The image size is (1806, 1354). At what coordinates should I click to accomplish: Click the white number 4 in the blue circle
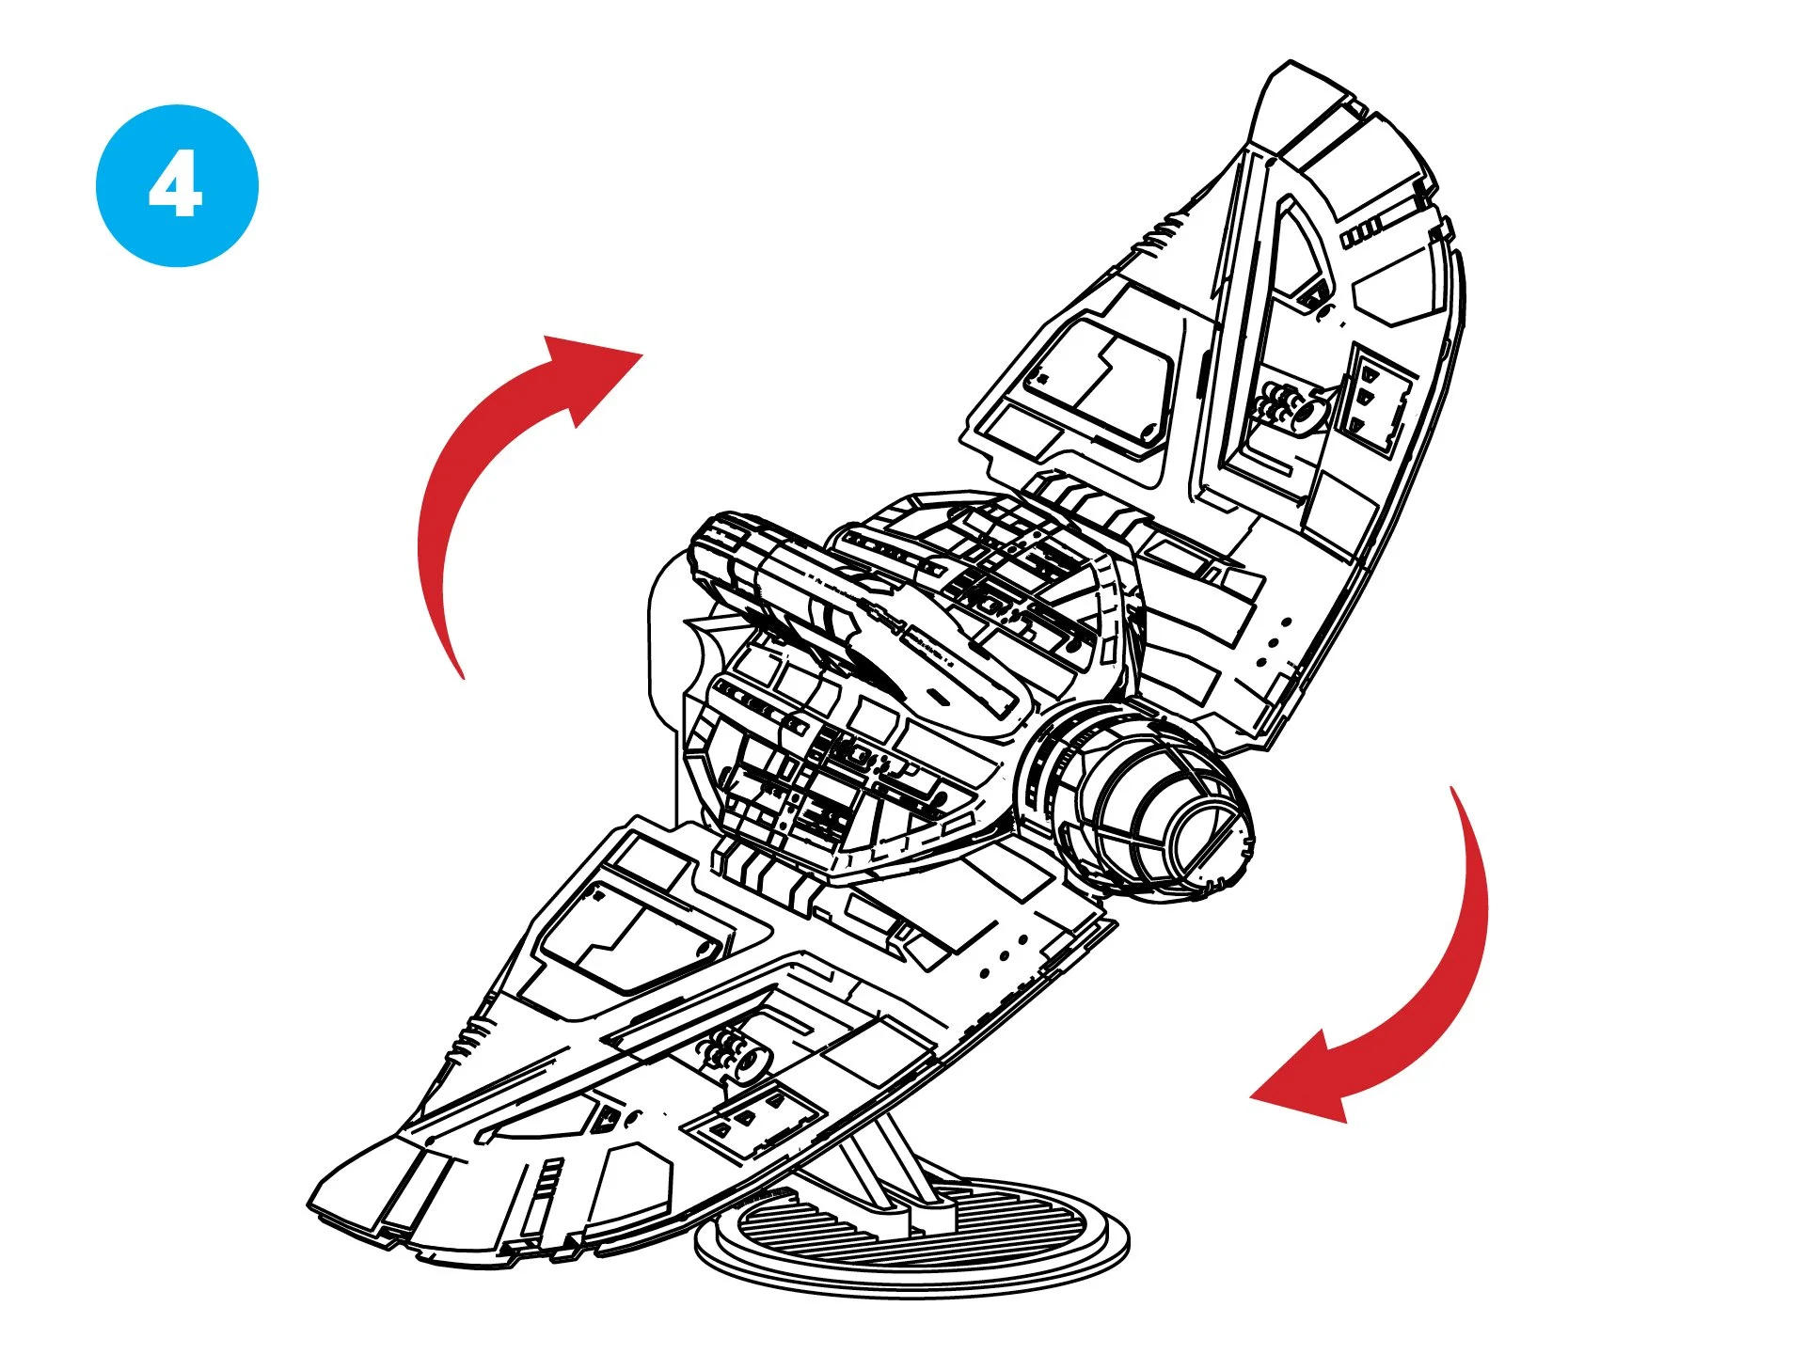[x=176, y=185]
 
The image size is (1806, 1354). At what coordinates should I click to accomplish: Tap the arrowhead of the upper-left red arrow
[x=593, y=376]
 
